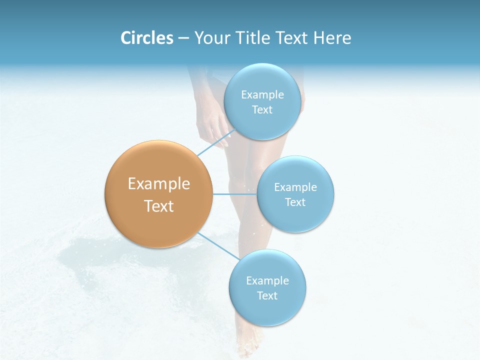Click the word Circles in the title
147,38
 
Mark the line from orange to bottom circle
218,245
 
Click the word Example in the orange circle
158,184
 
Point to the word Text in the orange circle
158,206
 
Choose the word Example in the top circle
262,95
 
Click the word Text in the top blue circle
262,110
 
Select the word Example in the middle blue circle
295,187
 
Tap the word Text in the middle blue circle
295,202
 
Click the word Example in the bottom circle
267,281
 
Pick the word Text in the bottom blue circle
267,296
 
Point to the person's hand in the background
212,125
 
